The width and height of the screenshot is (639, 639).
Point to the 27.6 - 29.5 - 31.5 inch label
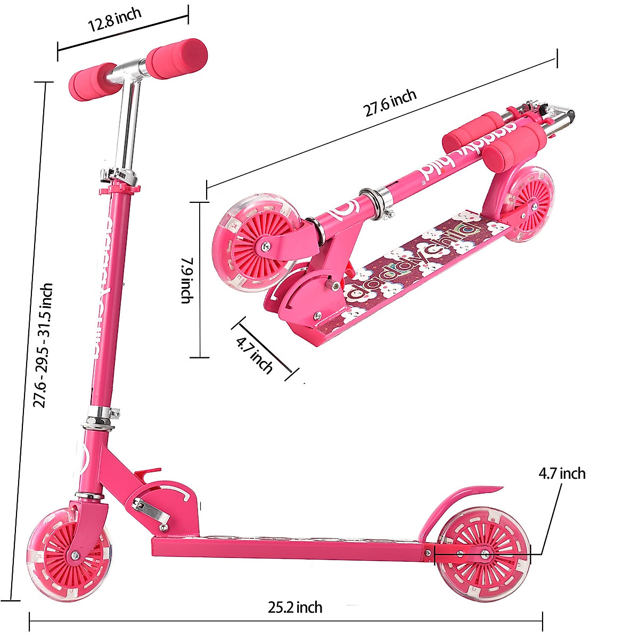point(43,345)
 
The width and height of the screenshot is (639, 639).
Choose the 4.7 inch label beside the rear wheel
point(562,473)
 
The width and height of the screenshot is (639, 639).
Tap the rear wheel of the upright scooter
point(485,554)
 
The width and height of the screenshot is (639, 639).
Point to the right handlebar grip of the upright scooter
point(177,58)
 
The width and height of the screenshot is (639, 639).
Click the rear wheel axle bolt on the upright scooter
point(485,554)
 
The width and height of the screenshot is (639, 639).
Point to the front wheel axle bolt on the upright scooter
point(75,555)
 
